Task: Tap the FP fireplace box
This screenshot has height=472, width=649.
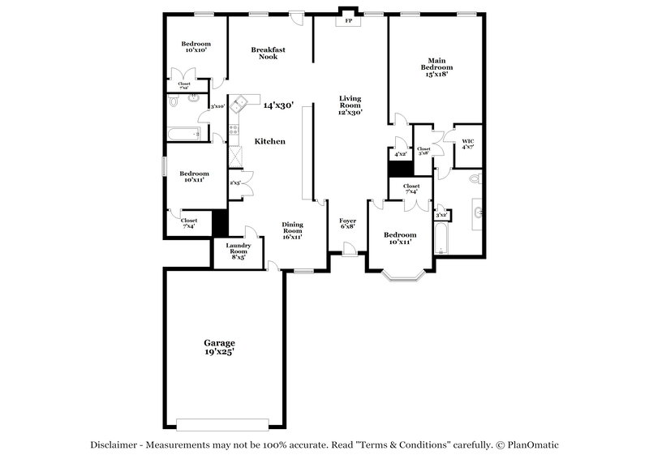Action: tap(350, 21)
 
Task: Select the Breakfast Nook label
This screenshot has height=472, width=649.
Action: tap(268, 53)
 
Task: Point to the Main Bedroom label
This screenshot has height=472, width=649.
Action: tap(436, 67)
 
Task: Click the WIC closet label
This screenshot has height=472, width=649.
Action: tap(467, 144)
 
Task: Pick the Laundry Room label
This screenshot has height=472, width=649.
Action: tap(238, 249)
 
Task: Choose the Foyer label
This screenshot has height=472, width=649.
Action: tap(347, 223)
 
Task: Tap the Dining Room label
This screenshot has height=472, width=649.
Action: tap(292, 230)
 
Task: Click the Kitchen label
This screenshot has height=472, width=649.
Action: tap(270, 141)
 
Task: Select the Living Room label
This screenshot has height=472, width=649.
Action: tap(350, 105)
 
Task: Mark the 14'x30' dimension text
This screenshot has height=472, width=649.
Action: tap(277, 105)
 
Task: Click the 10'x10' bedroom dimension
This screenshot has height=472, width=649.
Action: tap(196, 50)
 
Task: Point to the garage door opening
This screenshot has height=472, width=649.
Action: tap(222, 423)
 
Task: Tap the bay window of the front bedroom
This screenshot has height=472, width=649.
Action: tap(402, 277)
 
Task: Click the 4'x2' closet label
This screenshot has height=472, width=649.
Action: tap(400, 153)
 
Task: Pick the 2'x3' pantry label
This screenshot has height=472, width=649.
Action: tap(234, 183)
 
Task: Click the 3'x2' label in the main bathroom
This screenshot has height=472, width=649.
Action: tap(441, 215)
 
